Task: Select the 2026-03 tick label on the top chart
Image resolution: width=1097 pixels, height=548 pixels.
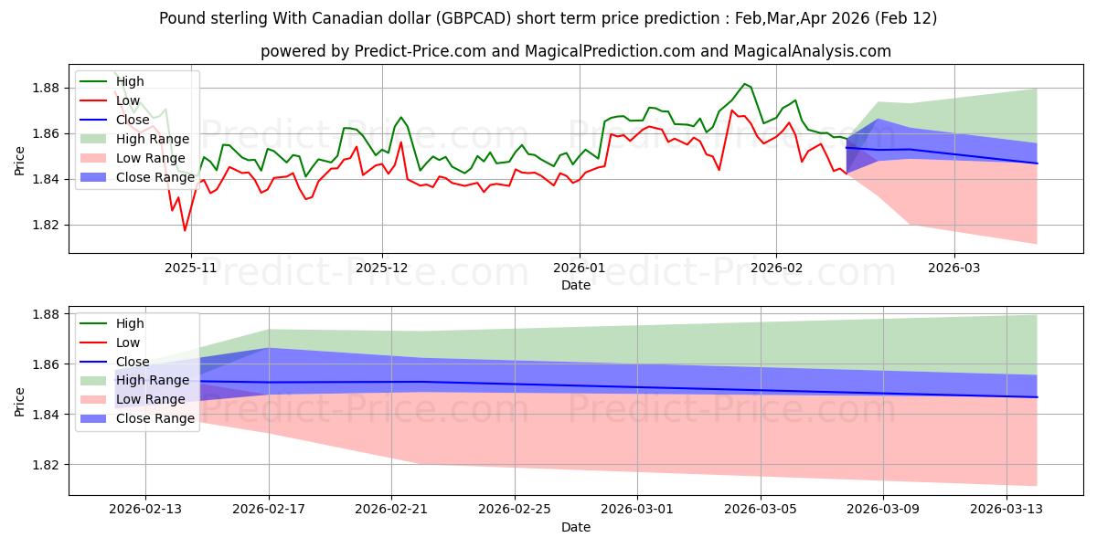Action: [954, 267]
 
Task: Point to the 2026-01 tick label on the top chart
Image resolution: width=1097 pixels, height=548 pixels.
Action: [579, 267]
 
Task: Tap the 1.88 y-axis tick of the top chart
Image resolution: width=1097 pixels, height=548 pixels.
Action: [46, 88]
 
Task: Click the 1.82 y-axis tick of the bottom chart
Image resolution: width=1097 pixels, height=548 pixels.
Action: [46, 465]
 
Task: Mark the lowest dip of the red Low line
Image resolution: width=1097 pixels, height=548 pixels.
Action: [185, 230]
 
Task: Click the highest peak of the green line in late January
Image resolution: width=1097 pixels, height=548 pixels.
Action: [745, 84]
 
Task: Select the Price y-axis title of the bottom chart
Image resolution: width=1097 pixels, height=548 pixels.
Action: [20, 400]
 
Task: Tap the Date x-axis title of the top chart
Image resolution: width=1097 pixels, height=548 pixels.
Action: [576, 285]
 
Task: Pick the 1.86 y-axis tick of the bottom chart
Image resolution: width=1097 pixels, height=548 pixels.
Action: [46, 364]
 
